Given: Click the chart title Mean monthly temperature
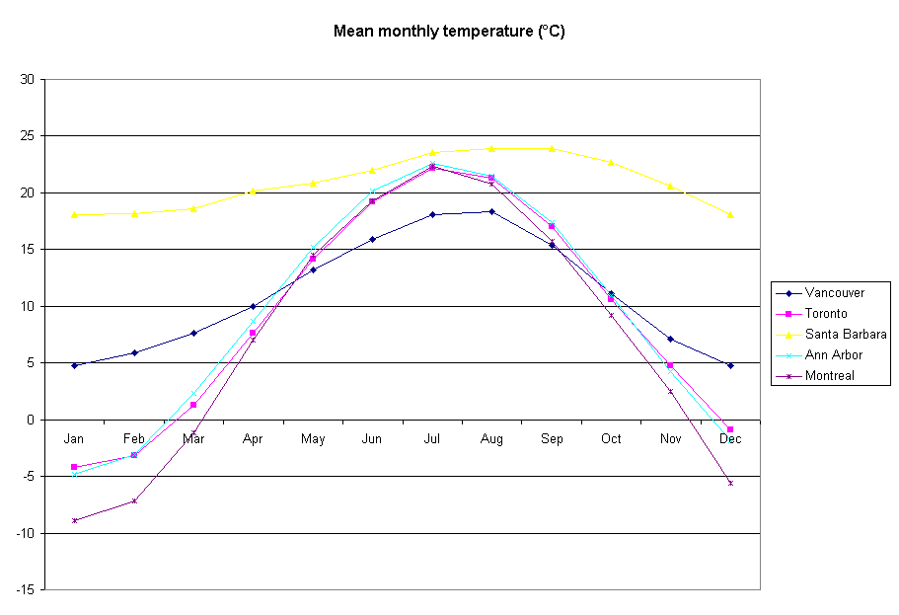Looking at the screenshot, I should click(449, 32).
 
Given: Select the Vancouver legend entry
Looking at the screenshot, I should click(834, 293).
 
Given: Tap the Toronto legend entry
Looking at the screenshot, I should click(826, 314).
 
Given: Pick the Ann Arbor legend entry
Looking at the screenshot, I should click(833, 355).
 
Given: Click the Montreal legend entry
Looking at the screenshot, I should click(829, 376).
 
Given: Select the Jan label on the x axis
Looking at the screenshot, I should click(74, 438).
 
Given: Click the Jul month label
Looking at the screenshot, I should click(432, 438).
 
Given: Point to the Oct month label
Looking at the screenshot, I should click(611, 438).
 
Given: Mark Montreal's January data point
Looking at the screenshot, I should click(74, 520).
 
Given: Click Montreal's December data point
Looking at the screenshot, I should click(730, 483).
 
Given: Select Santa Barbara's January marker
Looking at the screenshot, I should click(74, 214).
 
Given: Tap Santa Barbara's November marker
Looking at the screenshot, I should click(670, 186).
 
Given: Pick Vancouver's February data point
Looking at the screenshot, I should click(134, 352).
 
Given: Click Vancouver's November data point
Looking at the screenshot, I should click(670, 339).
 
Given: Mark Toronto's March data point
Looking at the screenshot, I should click(193, 405).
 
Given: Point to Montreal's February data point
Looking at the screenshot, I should click(134, 500).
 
